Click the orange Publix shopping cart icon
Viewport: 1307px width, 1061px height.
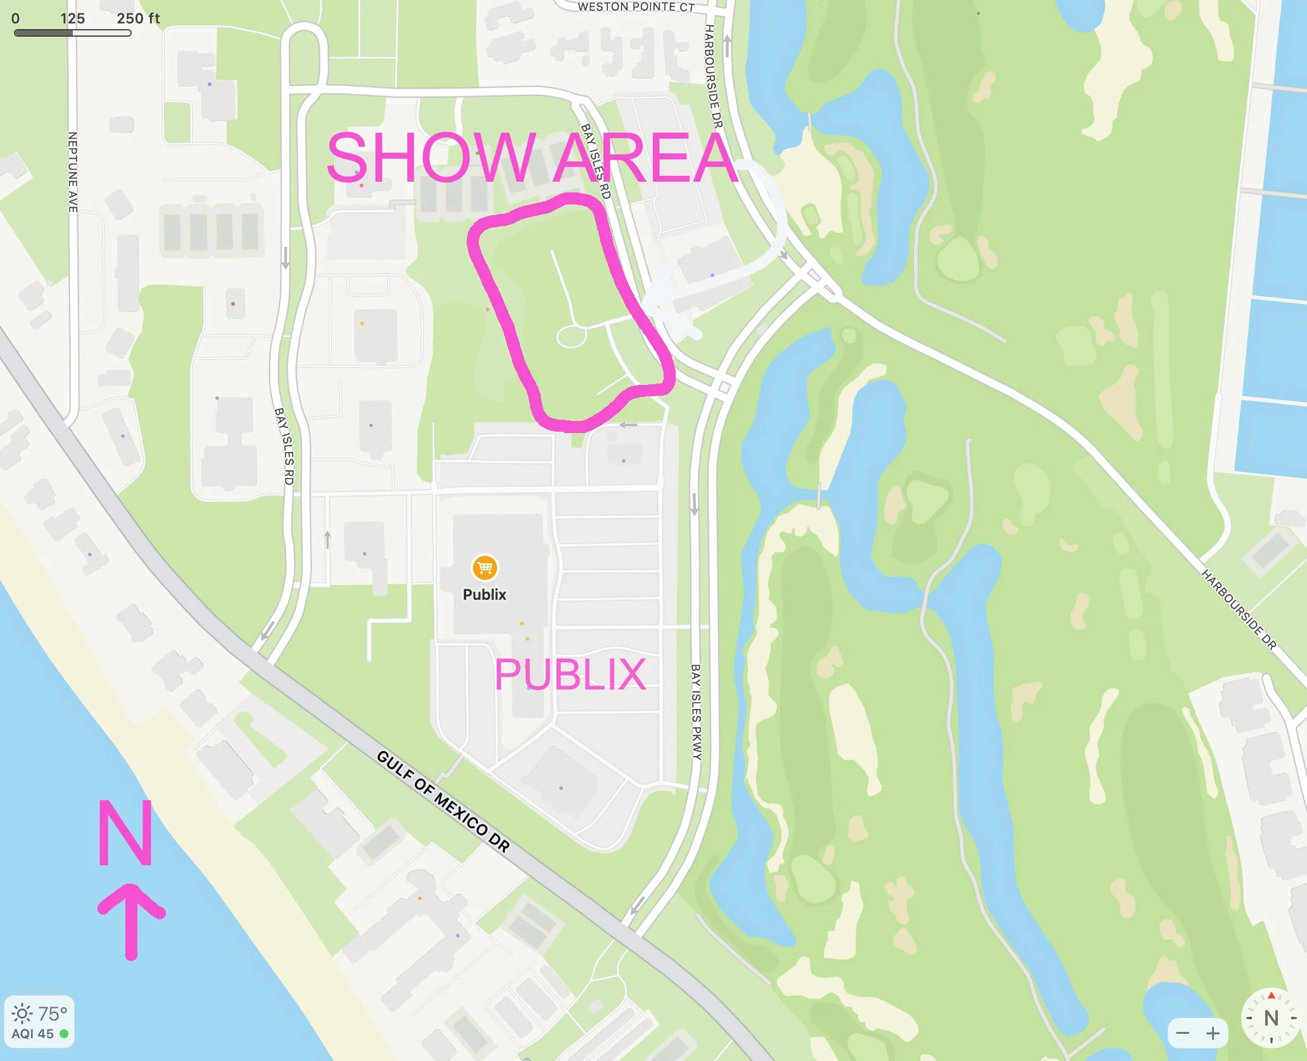click(484, 568)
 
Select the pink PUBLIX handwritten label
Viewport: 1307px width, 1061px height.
click(570, 675)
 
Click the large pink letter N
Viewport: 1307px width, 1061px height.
click(125, 832)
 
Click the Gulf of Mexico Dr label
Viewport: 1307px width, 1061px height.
click(443, 801)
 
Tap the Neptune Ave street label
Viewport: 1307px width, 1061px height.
click(73, 172)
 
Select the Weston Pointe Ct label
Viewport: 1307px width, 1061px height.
click(636, 7)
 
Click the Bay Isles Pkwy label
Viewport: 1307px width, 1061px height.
click(696, 712)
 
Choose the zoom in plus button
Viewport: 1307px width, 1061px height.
click(1213, 1034)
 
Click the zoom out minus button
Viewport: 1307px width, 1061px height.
click(1182, 1034)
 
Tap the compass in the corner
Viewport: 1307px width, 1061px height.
click(1271, 1018)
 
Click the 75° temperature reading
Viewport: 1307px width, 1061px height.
click(53, 1014)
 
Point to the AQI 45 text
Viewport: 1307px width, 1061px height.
click(32, 1034)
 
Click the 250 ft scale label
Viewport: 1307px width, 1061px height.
click(138, 18)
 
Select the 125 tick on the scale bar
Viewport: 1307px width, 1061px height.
click(73, 18)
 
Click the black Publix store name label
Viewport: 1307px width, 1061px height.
click(484, 594)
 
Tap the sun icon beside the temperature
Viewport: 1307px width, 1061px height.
click(22, 1014)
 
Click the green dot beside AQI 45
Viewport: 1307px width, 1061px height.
click(64, 1034)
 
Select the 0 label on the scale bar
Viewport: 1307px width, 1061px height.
click(15, 18)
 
